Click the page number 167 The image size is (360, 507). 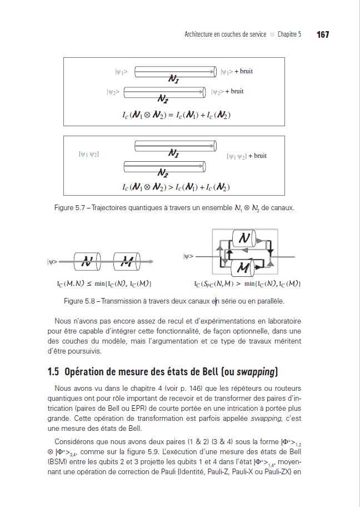coord(323,34)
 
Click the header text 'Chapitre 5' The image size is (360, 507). coord(289,34)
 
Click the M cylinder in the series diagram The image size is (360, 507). coord(129,261)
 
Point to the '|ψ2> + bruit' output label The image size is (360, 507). coord(228,91)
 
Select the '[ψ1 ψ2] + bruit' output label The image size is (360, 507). coord(247,156)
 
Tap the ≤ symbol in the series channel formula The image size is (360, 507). coord(89,284)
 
